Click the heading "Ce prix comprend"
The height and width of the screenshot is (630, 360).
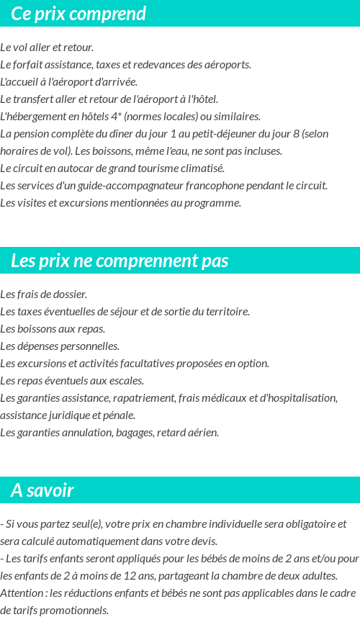pyautogui.click(x=78, y=14)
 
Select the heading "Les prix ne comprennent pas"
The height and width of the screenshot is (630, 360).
pyautogui.click(x=120, y=261)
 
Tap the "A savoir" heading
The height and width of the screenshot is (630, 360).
pyautogui.click(x=42, y=490)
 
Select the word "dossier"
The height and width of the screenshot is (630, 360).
pyautogui.click(x=71, y=294)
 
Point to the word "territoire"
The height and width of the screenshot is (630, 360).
pyautogui.click(x=227, y=312)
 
